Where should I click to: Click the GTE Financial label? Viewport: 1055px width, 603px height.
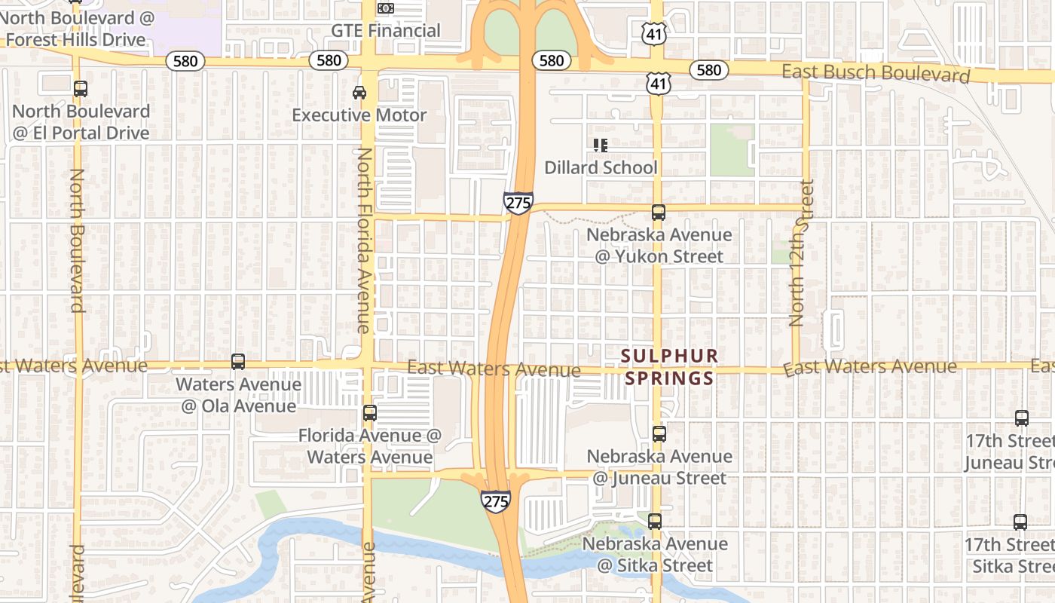[386, 31]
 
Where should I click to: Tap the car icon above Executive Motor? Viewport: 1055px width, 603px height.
[359, 93]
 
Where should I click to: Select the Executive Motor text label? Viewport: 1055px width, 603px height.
[359, 115]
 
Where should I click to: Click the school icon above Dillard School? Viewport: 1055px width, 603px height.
[601, 145]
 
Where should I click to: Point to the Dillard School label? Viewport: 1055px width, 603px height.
[601, 167]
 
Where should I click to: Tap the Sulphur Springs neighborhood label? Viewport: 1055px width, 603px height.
[669, 366]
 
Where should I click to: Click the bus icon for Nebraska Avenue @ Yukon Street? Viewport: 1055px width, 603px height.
[659, 213]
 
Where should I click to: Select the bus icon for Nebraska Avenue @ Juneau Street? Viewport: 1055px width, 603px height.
[659, 434]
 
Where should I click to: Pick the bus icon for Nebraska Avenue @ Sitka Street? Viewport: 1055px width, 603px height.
[655, 522]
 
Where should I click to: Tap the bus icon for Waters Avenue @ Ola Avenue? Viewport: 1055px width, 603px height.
[238, 362]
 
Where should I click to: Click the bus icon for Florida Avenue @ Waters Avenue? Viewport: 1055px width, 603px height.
[369, 413]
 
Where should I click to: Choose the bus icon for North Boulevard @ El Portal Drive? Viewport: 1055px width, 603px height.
[81, 89]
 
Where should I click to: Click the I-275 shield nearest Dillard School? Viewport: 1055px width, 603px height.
[518, 203]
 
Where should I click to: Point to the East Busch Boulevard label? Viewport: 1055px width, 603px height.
[876, 74]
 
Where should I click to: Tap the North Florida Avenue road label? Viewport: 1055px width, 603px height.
[364, 240]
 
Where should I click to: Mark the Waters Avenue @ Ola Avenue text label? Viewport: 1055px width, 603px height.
[238, 395]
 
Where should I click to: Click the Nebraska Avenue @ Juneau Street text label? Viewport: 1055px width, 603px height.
[659, 467]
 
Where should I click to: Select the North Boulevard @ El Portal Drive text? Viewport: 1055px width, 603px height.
[81, 122]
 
